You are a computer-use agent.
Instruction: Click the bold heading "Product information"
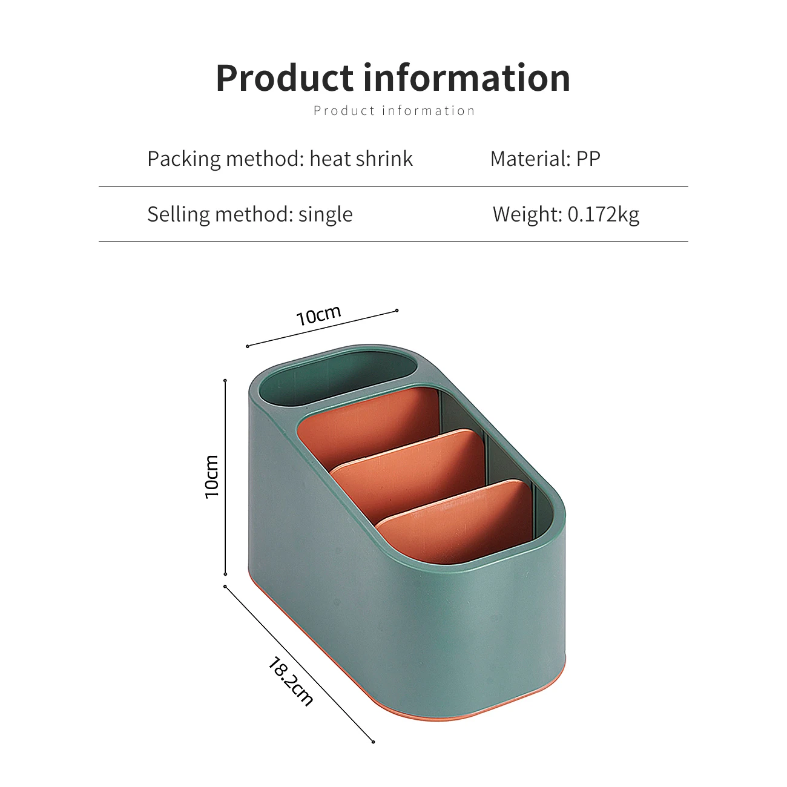click(x=393, y=78)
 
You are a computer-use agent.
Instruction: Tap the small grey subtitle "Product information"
click(x=394, y=111)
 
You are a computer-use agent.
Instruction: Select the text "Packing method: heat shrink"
click(x=280, y=159)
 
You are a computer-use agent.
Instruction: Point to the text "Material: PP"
click(x=545, y=159)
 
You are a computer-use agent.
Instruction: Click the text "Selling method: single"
click(x=249, y=214)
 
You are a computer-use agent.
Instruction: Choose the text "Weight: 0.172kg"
click(x=565, y=214)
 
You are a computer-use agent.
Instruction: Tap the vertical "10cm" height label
click(x=212, y=476)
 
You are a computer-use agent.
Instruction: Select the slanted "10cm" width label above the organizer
click(x=319, y=315)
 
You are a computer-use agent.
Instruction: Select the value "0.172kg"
click(x=603, y=214)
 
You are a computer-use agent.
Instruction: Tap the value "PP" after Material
click(x=588, y=159)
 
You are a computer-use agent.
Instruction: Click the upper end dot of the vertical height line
click(x=225, y=381)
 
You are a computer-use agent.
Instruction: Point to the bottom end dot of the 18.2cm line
click(x=373, y=742)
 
